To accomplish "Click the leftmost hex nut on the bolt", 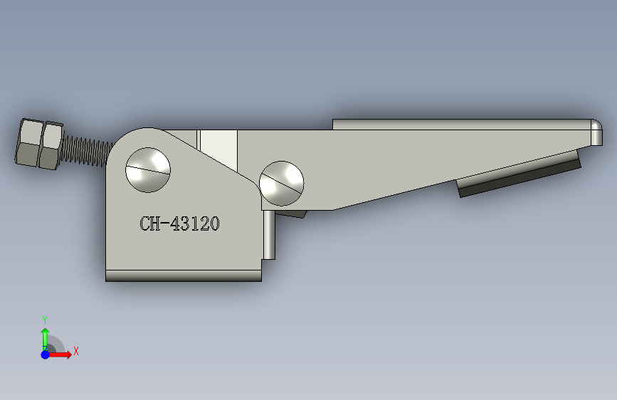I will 28,143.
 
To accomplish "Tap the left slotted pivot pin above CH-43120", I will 148,169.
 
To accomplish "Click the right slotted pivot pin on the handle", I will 282,181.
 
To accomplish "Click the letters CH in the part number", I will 150,224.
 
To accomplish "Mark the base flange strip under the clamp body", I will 183,275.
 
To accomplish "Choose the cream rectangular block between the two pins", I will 218,146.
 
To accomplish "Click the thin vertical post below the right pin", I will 269,235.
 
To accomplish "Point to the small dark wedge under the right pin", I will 292,213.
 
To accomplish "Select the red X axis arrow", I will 61,354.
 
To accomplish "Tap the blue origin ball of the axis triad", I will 45,354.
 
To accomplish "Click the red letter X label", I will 75,351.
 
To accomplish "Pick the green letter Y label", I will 44,320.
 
